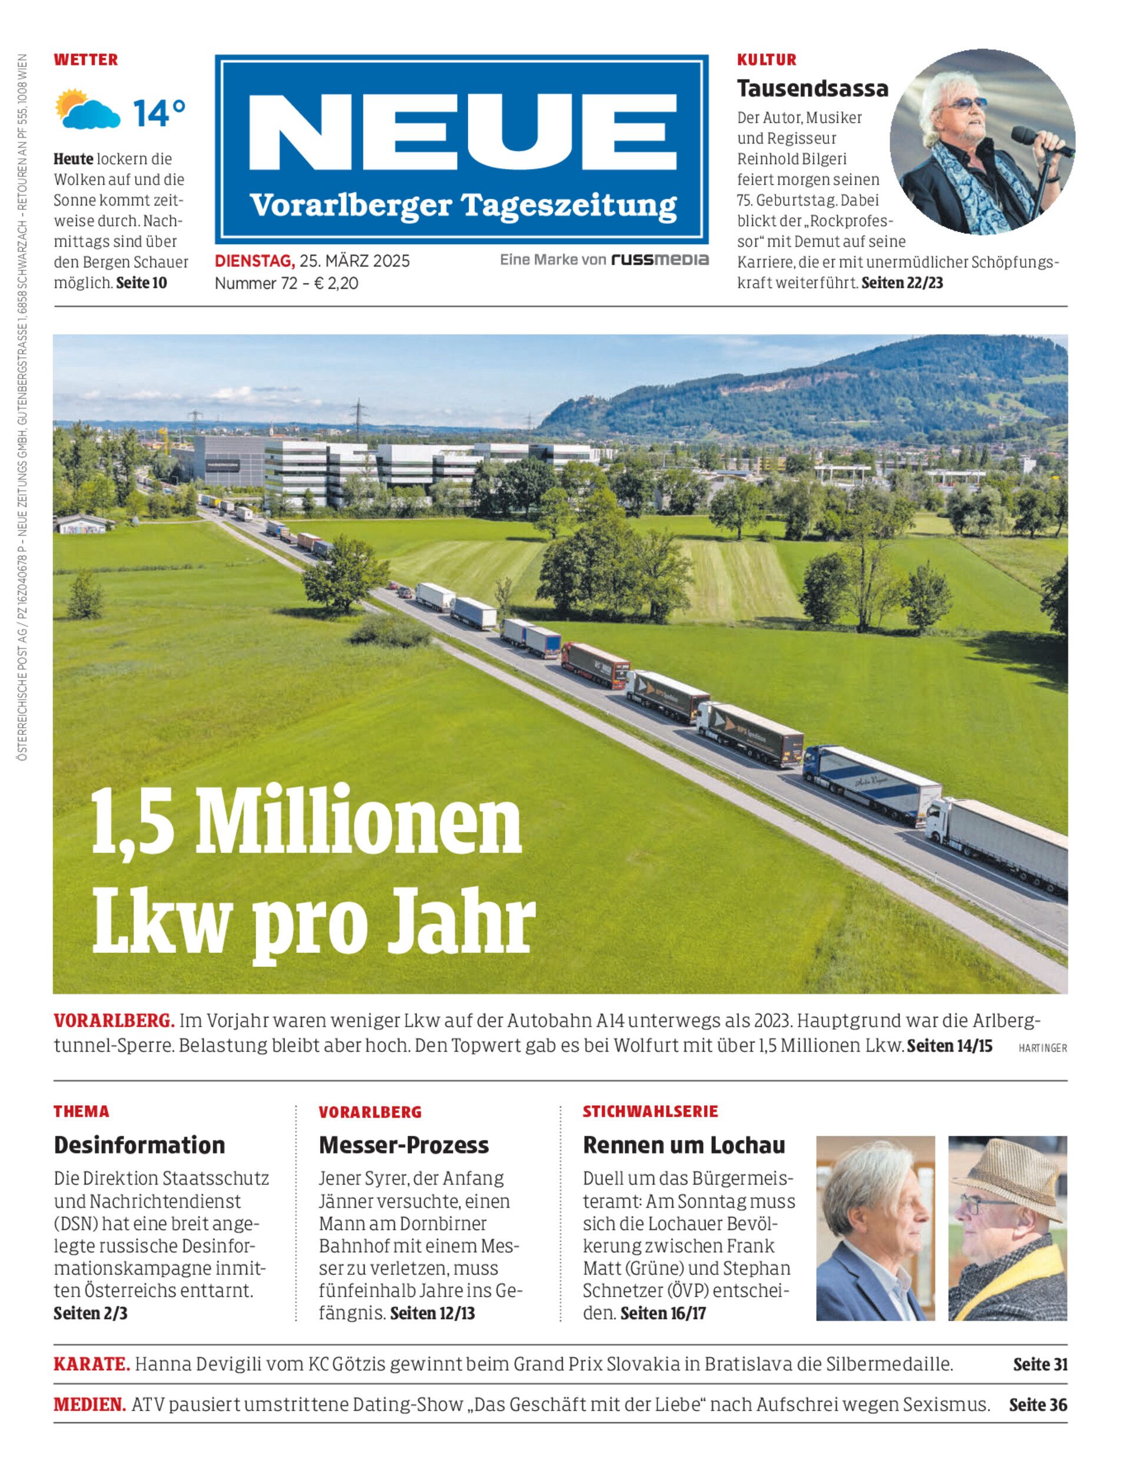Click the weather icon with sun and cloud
(x=87, y=109)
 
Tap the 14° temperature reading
(x=159, y=113)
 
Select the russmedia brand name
(x=660, y=260)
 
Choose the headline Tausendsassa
(x=812, y=88)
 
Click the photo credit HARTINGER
(x=1042, y=1048)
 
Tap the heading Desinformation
(x=140, y=1145)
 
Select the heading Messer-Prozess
(x=404, y=1145)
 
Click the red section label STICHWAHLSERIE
(x=650, y=1112)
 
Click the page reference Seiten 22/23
(x=902, y=283)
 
